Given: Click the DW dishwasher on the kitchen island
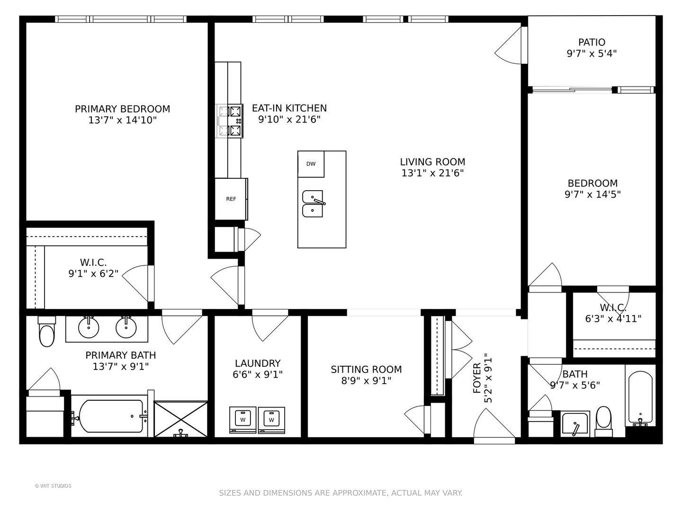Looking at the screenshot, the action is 311,164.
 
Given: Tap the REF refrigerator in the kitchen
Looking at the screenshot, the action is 231,199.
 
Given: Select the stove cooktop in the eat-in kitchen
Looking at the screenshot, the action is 230,121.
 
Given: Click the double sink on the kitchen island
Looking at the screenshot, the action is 313,204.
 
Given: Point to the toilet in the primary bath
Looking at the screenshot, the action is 47,331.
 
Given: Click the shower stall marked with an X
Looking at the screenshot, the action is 181,419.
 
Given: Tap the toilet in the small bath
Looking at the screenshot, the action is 604,422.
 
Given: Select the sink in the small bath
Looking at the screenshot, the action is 575,424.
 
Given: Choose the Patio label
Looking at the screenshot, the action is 592,42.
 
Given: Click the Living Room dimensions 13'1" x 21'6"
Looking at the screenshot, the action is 432,173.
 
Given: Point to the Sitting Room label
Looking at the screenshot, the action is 366,370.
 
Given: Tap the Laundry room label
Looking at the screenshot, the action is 258,363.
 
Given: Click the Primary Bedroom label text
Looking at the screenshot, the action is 122,109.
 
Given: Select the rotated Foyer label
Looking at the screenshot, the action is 477,378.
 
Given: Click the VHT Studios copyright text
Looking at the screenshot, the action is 53,486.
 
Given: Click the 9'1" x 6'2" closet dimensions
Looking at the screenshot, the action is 93,273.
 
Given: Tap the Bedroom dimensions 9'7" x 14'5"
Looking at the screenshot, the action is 592,194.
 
